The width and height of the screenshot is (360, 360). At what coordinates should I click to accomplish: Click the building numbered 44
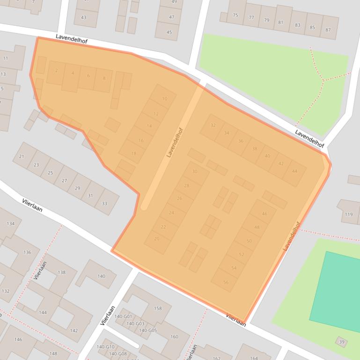coord(294,171)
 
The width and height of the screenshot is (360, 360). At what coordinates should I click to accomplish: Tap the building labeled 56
coord(226,282)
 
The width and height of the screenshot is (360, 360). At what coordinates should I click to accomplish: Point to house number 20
coord(156,238)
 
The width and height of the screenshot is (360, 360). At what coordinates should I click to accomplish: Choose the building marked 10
coord(164,99)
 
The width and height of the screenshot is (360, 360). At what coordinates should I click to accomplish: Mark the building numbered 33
coord(104,203)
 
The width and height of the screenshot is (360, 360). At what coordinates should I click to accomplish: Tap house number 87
coord(328,30)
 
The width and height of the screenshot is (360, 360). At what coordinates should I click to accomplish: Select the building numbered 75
coord(235,15)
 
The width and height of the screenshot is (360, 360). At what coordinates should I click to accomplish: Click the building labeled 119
coord(348,214)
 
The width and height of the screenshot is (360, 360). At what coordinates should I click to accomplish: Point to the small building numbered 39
coord(342,342)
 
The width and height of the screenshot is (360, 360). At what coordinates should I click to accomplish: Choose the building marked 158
coord(158,308)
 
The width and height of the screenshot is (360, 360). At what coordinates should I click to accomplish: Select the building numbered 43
coord(83,18)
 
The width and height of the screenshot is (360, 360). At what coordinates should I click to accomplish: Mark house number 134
coord(10,223)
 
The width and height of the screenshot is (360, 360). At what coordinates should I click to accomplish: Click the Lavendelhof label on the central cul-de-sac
coord(174,142)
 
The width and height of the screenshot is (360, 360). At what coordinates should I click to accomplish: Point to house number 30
coord(195,172)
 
